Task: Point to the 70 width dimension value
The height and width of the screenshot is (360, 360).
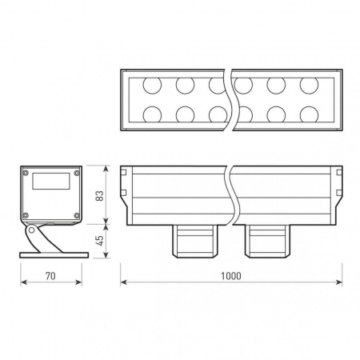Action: tap(50, 275)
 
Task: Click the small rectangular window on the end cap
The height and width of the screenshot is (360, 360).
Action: tap(51, 181)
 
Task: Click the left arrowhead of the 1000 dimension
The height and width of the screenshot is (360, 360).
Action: tap(123, 282)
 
